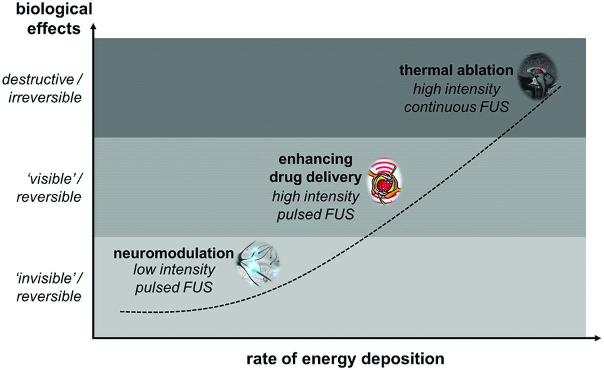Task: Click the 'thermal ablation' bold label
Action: [x=456, y=70]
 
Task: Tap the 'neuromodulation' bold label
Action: [x=174, y=254]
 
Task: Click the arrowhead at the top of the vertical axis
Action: [x=94, y=28]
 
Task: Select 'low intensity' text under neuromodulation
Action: [x=174, y=270]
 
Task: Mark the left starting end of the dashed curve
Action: [x=121, y=311]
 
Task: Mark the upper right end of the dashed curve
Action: [x=561, y=86]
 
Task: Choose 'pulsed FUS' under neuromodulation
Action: [x=174, y=287]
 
